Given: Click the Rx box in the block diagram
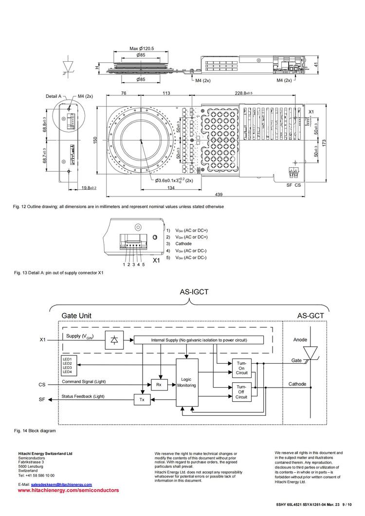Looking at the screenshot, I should point(159,384).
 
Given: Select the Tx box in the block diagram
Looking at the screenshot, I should point(142,399).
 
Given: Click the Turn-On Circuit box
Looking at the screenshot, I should point(242,368).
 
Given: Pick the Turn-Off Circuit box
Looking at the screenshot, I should point(241,392).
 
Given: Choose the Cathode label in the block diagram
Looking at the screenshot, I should point(297,384).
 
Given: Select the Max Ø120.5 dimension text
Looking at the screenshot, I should point(142,49).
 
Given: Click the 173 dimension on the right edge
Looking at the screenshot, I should point(324,141).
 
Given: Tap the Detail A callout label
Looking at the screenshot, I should point(54,96).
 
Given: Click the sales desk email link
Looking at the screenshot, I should point(61,485).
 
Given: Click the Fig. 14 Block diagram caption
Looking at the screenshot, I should point(35,430).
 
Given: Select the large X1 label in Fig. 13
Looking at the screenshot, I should point(157,261).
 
